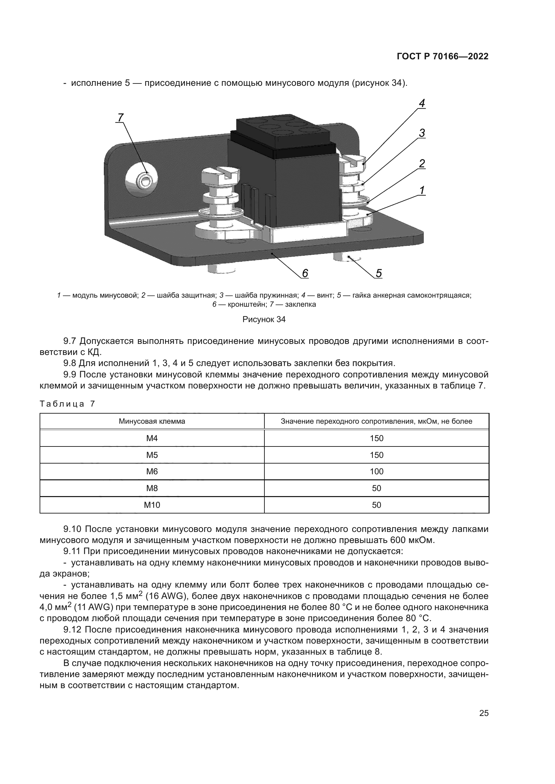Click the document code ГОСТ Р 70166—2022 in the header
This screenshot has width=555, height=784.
point(443,57)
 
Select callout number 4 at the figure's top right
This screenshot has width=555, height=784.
point(422,103)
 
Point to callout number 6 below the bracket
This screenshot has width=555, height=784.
point(305,273)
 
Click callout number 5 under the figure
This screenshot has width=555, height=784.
point(379,273)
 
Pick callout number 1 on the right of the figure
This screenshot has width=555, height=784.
point(422,190)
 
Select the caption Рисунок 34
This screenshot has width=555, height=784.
point(264,320)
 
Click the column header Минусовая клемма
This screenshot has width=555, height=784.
point(152,421)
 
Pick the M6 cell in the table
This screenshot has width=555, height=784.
point(152,472)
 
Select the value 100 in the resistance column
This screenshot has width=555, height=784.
point(376,472)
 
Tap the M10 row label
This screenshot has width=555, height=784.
point(152,505)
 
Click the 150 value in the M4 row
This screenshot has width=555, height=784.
point(376,438)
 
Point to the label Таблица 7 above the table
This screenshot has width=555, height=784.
point(67,404)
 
